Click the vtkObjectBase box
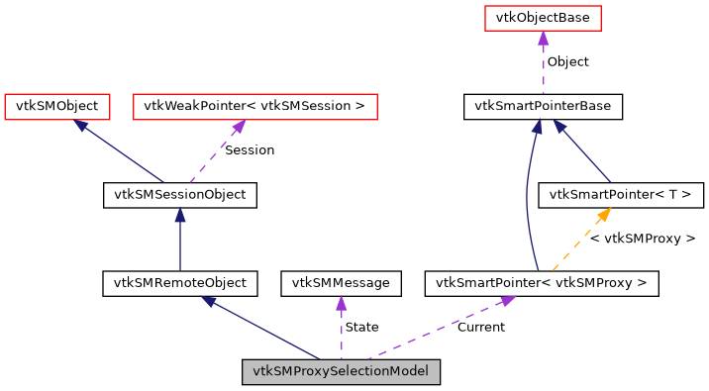tap(543, 18)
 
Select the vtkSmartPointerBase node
tap(543, 106)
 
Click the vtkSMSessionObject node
tap(180, 195)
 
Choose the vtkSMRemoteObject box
tap(180, 283)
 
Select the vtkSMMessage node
tap(342, 283)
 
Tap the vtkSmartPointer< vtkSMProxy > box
tap(542, 283)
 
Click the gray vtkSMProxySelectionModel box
tap(342, 372)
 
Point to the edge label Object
tap(567, 61)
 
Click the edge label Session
tap(250, 150)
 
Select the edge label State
tap(361, 327)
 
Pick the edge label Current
tap(480, 327)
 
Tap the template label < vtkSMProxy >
tap(643, 239)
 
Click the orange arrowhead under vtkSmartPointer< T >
tap(603, 215)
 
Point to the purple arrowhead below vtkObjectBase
tap(543, 39)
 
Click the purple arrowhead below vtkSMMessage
tap(342, 304)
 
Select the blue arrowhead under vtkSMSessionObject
tap(180, 216)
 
